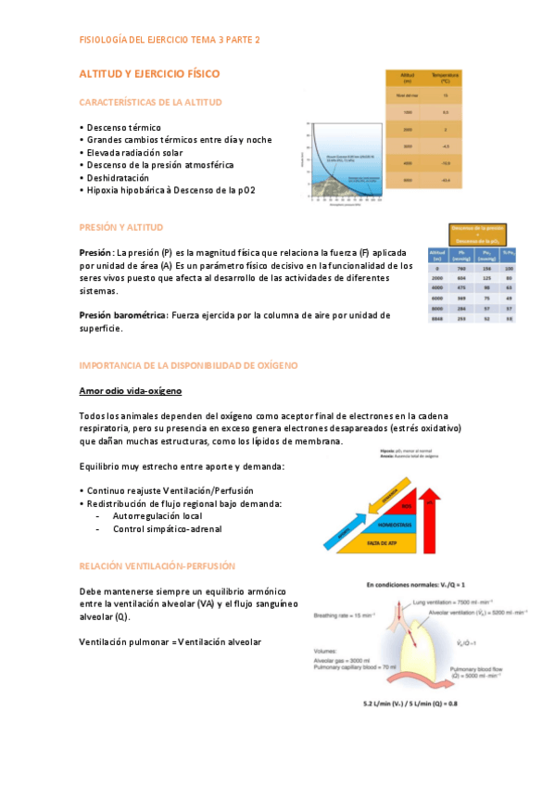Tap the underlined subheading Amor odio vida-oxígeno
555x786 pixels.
point(130,391)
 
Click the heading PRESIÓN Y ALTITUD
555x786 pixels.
point(122,226)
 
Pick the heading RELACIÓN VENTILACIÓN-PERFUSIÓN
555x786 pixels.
point(158,564)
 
